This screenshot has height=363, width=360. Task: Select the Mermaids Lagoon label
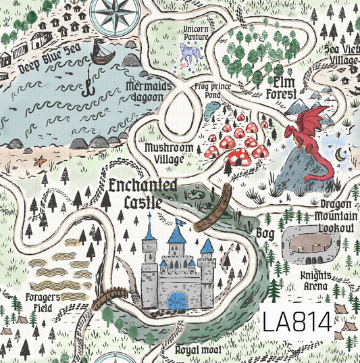(x=144, y=91)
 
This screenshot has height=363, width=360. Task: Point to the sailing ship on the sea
(x=101, y=52)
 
